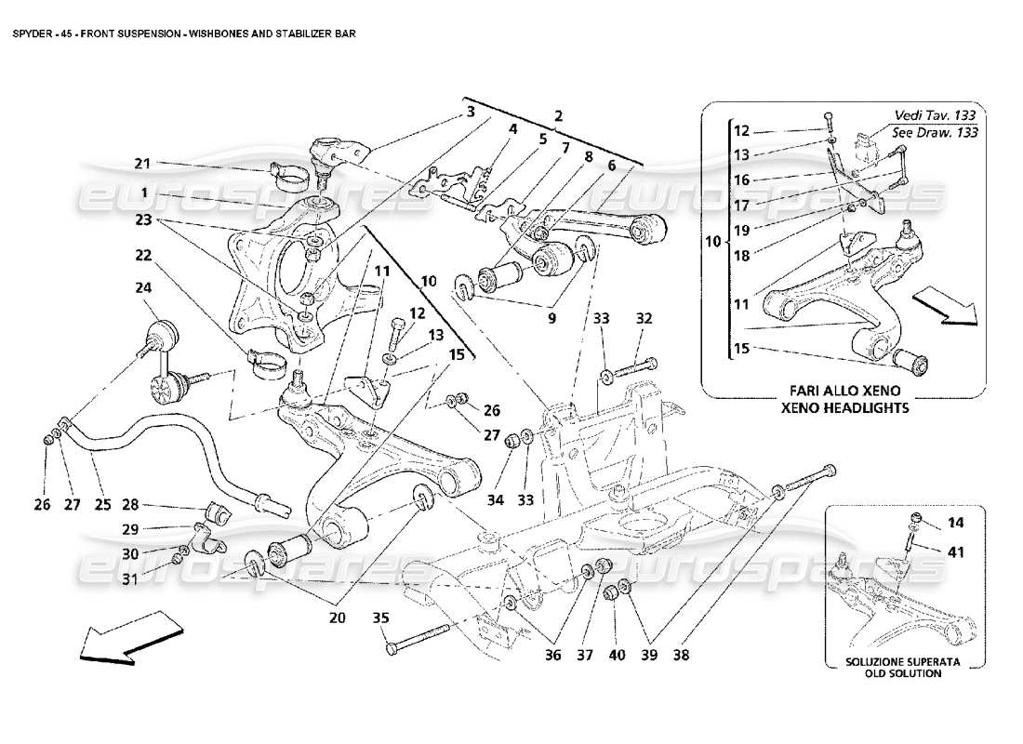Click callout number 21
point(141,164)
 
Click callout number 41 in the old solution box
point(956,551)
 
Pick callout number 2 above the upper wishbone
point(559,117)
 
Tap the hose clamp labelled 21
point(286,174)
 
